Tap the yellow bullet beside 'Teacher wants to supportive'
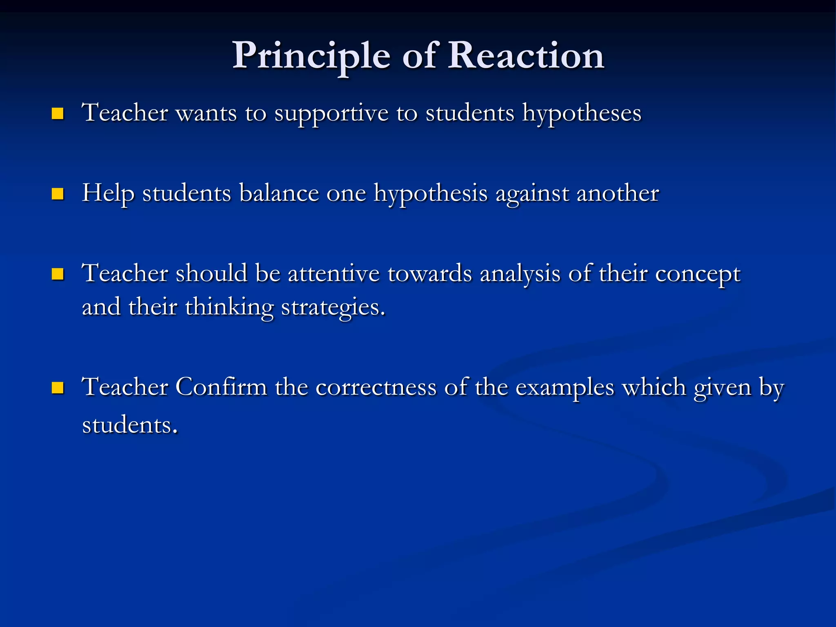click(58, 113)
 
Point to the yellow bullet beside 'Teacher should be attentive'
click(58, 274)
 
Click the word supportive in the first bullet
click(331, 113)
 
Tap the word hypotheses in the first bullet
click(582, 113)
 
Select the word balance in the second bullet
click(279, 193)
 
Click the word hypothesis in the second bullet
click(431, 193)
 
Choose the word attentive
click(334, 273)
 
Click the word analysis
click(520, 273)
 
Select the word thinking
click(229, 307)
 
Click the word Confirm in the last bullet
click(221, 387)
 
